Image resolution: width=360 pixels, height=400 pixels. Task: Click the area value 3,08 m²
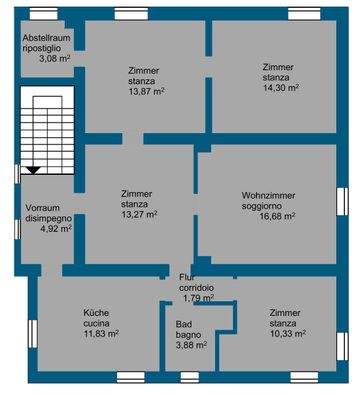point(54,59)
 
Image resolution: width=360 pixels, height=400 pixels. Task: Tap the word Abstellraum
point(47,38)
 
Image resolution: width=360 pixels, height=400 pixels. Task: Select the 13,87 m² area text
point(147,91)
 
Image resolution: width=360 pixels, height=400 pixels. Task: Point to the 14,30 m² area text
point(281,88)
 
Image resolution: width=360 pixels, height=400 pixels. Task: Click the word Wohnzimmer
point(269,195)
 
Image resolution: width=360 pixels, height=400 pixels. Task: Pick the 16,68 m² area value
point(277,216)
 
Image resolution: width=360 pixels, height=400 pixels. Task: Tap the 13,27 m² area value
point(139,214)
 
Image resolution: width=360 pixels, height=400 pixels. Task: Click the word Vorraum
point(43,208)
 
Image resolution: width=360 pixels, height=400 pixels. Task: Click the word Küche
point(96,313)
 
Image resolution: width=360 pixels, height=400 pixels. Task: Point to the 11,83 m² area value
point(102,334)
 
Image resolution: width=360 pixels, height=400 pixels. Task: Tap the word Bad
point(184,324)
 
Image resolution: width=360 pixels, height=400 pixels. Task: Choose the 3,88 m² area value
point(191,345)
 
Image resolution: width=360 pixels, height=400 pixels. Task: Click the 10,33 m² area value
point(288,334)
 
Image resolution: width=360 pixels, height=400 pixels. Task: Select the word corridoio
point(197,287)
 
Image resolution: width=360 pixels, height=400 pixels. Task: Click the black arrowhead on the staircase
point(33,171)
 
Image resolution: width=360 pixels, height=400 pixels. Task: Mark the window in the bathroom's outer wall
point(190,377)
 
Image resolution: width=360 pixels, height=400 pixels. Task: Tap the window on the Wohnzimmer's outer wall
point(342,201)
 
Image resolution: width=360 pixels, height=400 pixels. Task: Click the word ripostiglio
point(42,48)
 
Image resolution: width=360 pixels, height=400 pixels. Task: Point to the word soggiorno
point(264,206)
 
